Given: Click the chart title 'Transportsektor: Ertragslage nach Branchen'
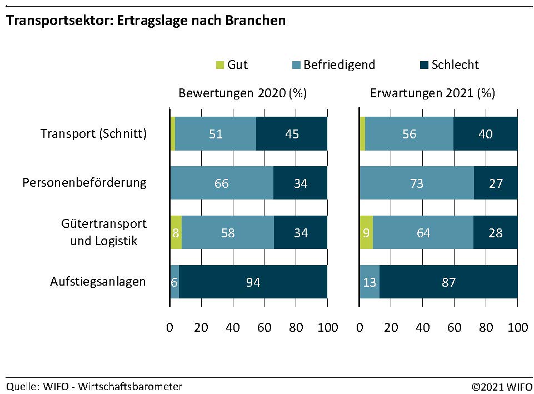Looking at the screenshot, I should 146,21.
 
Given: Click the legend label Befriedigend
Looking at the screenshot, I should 339,65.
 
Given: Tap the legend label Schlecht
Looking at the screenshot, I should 455,65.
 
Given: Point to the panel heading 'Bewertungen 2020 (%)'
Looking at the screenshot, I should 243,93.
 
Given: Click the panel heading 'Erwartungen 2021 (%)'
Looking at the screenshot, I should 432,93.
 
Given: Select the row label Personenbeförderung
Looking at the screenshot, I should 84,183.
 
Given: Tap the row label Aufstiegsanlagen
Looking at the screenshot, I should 98,282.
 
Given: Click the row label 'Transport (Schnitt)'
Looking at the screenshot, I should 94,134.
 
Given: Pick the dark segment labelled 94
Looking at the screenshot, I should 253,282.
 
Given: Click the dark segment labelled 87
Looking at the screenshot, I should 448,282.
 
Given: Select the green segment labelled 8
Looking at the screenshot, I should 176,232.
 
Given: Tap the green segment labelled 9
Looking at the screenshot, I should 366,232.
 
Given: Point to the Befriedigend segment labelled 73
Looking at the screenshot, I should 417,183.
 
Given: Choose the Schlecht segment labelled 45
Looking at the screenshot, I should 292,134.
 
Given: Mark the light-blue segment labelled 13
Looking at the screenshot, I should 370,282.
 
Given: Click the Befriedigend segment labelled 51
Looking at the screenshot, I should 216,134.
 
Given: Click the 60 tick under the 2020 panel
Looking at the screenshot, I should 264,328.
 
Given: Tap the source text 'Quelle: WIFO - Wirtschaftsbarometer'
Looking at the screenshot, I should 94,386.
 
